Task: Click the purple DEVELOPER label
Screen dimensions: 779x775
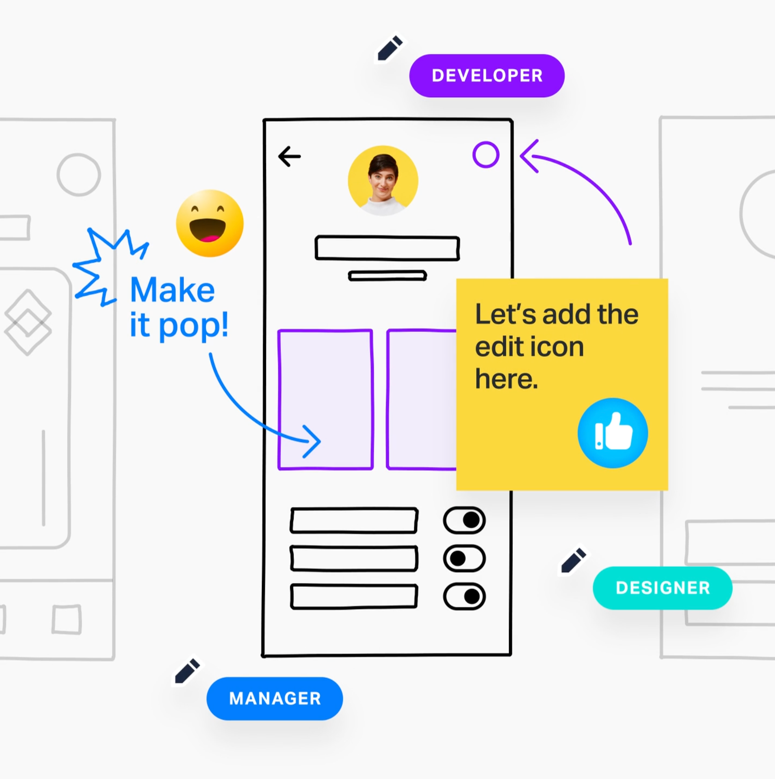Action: tap(487, 76)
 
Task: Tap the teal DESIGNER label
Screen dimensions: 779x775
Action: tap(662, 588)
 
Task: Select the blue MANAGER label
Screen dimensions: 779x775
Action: tap(275, 699)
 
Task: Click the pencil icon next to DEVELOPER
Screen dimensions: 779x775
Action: tap(390, 48)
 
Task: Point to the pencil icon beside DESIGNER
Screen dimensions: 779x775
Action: tap(573, 560)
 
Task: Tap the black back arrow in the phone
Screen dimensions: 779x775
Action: tap(290, 157)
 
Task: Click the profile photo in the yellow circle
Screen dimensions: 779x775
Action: tap(383, 180)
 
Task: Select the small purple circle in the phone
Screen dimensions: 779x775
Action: tap(485, 155)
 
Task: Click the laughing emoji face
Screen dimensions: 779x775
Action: tap(210, 223)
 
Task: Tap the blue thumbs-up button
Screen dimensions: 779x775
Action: tap(612, 433)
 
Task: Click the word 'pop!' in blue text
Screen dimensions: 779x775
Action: tap(193, 326)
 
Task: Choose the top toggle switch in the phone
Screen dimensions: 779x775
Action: tap(464, 520)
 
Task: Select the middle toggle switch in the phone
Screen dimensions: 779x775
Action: tap(464, 558)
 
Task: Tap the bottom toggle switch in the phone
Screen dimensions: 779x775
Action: tap(464, 596)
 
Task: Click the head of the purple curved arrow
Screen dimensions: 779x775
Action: tap(528, 156)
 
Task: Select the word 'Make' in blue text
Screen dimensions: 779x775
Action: tap(173, 290)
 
